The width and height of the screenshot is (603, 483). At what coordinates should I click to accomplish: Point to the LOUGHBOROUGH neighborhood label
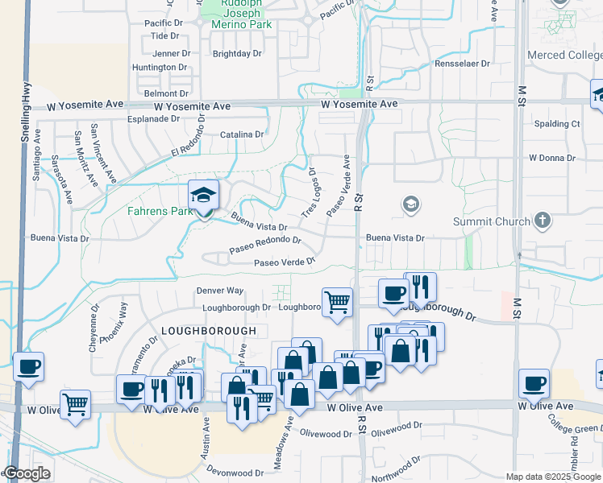pyautogui.click(x=209, y=331)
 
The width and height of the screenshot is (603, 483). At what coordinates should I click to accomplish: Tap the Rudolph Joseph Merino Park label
pyautogui.click(x=242, y=14)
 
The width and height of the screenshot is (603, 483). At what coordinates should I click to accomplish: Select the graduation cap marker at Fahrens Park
pyautogui.click(x=203, y=195)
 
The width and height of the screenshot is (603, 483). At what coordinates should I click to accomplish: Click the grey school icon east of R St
pyautogui.click(x=411, y=204)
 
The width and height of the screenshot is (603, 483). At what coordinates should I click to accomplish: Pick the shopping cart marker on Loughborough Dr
pyautogui.click(x=338, y=302)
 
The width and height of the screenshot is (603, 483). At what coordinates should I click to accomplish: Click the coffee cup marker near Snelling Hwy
pyautogui.click(x=29, y=367)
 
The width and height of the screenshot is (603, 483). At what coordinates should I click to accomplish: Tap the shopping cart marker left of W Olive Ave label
pyautogui.click(x=75, y=404)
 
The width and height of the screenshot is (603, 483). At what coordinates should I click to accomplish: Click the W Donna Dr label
pyautogui.click(x=551, y=159)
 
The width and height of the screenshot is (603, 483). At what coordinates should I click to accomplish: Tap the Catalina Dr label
pyautogui.click(x=242, y=134)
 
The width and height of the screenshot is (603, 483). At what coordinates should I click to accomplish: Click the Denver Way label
pyautogui.click(x=220, y=291)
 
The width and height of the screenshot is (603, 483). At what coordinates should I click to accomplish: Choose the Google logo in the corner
pyautogui.click(x=26, y=474)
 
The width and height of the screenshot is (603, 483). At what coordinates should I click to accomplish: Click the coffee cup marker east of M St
pyautogui.click(x=534, y=383)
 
